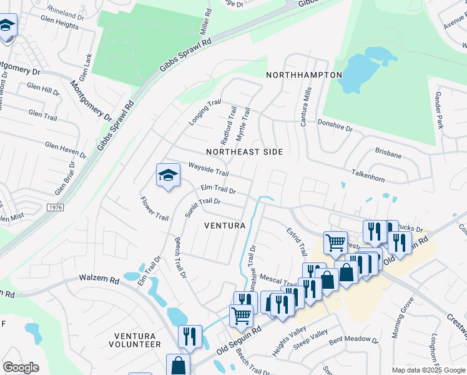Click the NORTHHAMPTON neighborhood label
[x=304, y=75]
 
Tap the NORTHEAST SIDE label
[x=244, y=152]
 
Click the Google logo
[x=21, y=367]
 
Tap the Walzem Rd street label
[x=98, y=279]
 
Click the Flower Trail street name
[x=154, y=209]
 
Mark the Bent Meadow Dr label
[x=353, y=340]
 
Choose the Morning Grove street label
[x=403, y=318]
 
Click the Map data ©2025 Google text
[x=428, y=370]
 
